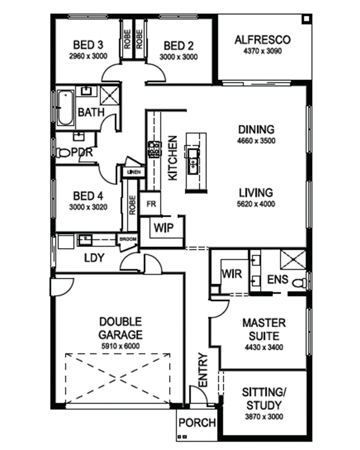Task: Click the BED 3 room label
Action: click(x=88, y=45)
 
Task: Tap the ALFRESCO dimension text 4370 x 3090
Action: click(x=263, y=51)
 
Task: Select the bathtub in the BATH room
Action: click(x=66, y=107)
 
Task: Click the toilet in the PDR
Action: click(x=63, y=152)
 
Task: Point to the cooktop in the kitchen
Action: click(x=155, y=149)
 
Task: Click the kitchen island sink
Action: click(x=193, y=161)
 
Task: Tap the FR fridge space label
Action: click(x=151, y=204)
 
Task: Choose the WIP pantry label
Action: click(x=164, y=228)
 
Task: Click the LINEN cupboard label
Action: click(x=134, y=172)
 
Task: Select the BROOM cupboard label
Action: click(x=128, y=239)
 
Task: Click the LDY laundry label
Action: click(x=94, y=258)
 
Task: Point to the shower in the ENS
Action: click(x=293, y=260)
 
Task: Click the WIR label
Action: click(x=232, y=274)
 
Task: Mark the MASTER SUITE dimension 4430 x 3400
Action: click(x=264, y=347)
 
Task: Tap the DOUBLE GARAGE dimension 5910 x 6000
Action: click(x=120, y=346)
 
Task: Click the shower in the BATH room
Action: click(x=110, y=96)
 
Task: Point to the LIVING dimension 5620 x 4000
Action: click(x=256, y=204)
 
